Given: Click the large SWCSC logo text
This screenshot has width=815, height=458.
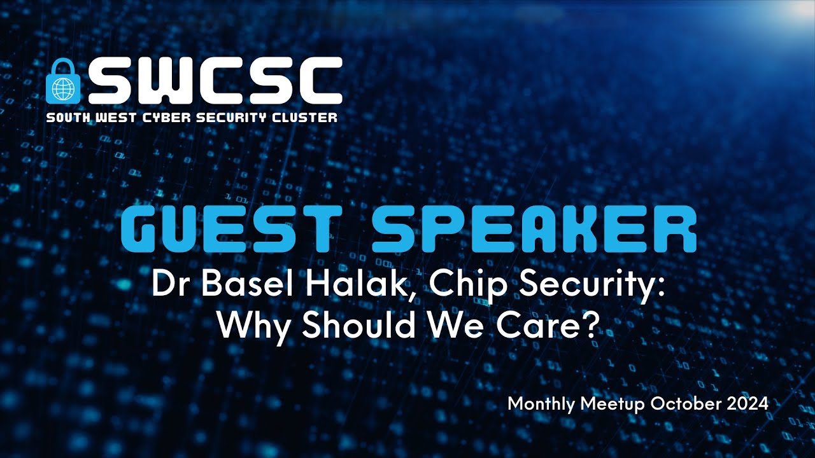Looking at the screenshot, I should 215,81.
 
